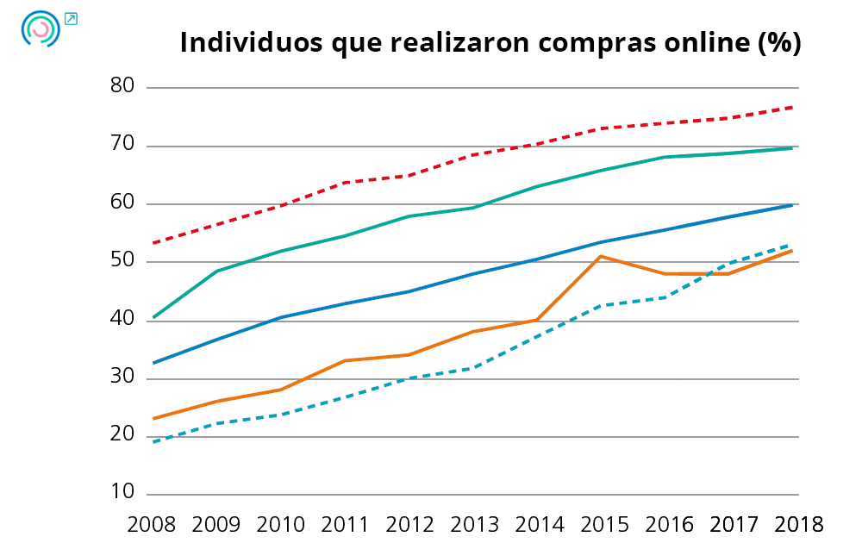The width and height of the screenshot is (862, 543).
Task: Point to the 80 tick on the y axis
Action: point(123,86)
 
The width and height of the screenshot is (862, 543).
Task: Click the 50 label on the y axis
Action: point(123,261)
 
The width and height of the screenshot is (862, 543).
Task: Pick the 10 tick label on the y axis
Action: point(123,492)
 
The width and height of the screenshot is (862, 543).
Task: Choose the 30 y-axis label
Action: point(123,377)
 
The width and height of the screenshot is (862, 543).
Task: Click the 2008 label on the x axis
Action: point(152,524)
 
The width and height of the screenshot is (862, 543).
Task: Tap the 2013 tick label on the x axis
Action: point(473,524)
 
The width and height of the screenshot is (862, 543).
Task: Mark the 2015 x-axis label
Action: point(602,524)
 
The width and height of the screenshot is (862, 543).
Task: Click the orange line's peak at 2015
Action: point(601,256)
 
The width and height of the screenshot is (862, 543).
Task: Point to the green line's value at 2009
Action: point(216,271)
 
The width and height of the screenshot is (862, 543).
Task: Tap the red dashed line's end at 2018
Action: point(792,107)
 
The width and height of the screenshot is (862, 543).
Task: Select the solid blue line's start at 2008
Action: point(153,363)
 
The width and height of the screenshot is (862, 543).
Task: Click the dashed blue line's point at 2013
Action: point(473,368)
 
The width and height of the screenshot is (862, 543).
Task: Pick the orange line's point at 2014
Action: point(537,320)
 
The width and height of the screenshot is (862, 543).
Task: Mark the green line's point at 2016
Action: point(665,157)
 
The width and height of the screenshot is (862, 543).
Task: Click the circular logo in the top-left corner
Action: point(40,28)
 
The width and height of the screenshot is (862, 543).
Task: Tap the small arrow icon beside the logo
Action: point(71,18)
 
